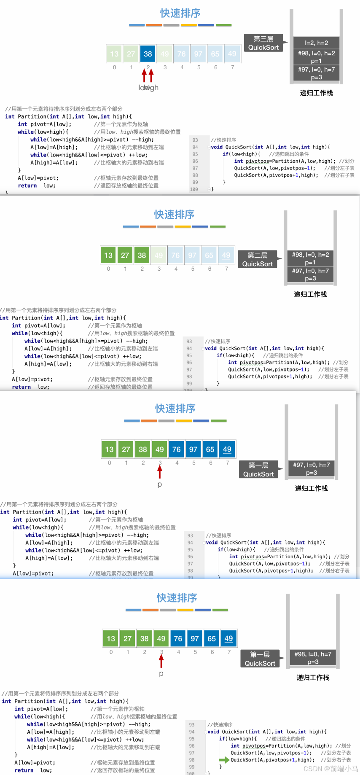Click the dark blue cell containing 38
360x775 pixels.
click(148, 54)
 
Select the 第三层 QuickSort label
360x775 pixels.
click(263, 43)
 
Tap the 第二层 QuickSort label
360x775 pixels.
click(257, 259)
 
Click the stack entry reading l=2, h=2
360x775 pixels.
click(316, 43)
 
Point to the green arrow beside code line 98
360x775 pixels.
click(224, 760)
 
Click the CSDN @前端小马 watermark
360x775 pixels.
click(330, 769)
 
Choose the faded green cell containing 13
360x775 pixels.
click(114, 54)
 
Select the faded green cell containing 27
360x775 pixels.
click(131, 54)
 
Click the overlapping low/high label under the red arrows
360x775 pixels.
click(148, 88)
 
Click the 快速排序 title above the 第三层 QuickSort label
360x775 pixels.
click(180, 13)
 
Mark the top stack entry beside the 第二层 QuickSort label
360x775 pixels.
click(310, 258)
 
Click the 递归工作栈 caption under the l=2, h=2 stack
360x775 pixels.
click(316, 93)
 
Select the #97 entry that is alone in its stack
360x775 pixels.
click(312, 468)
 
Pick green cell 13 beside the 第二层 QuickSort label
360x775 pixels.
click(108, 255)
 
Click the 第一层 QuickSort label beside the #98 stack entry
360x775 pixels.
click(260, 659)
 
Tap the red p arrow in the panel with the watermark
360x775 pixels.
click(161, 661)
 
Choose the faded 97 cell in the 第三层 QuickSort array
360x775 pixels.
click(198, 54)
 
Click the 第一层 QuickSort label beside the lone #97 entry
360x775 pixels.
click(258, 469)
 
